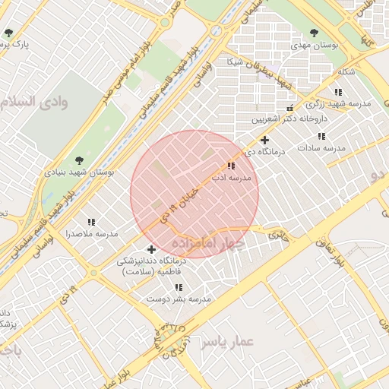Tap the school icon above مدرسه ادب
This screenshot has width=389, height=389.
click(231, 166)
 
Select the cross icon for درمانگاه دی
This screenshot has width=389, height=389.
click(264, 140)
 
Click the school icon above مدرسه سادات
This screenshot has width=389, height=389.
click(322, 136)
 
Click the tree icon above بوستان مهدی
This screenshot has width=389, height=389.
click(315, 33)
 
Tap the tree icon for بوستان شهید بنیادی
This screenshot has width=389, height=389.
click(80, 160)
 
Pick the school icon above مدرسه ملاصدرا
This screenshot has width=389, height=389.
click(91, 222)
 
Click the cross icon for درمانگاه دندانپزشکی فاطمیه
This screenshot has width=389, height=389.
click(151, 249)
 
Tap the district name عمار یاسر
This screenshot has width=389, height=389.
click(226, 343)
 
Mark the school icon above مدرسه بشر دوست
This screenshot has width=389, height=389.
click(179, 288)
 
